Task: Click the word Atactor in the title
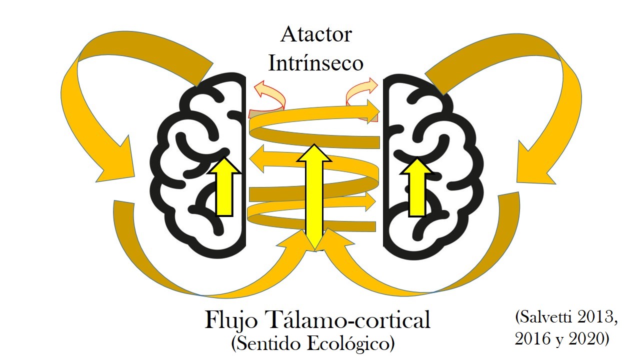point(316,35)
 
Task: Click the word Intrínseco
point(315,63)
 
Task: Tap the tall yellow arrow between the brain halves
point(313,195)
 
